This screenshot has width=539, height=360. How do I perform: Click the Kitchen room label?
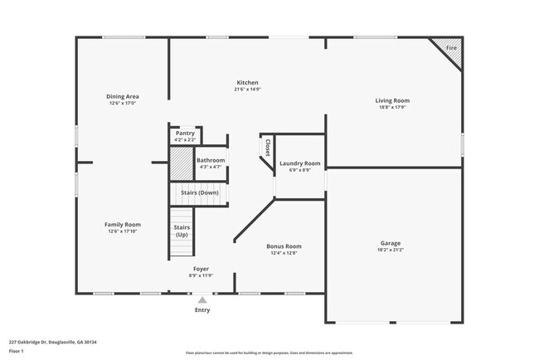[x=248, y=83]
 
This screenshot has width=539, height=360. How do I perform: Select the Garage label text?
[x=391, y=243]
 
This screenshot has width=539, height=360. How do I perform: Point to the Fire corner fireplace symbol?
[x=450, y=48]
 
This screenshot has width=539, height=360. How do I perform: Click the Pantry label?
[x=185, y=133]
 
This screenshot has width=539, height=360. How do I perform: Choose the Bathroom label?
[x=211, y=160]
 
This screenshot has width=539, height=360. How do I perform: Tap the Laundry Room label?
[x=299, y=163]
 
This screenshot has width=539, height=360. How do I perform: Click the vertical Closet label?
[x=267, y=147]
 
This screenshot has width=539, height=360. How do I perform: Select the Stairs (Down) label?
[x=199, y=192]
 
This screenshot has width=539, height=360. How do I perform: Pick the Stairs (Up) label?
[x=182, y=231]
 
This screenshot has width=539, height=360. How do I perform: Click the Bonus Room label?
[x=284, y=246]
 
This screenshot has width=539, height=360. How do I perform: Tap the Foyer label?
[x=202, y=269]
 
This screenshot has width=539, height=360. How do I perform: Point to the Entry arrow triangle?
[x=202, y=299]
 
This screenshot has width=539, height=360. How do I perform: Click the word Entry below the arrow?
[x=202, y=310]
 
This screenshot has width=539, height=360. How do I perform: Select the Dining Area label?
[x=122, y=97]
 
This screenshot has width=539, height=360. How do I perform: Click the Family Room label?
[x=122, y=225]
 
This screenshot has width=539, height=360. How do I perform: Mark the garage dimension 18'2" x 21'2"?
[x=391, y=250]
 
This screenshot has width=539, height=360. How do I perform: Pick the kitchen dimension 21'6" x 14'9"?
[x=248, y=90]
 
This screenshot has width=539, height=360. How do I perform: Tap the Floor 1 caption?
[x=17, y=350]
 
